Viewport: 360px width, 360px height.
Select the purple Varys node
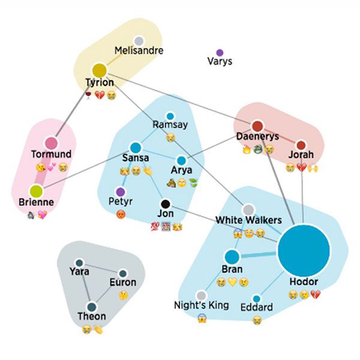pyautogui.click(x=220, y=53)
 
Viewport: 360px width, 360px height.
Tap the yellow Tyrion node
pyautogui.click(x=99, y=70)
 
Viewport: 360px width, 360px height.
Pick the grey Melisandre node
pyautogui.click(x=139, y=41)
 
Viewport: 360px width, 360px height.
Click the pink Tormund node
pyautogui.click(x=51, y=143)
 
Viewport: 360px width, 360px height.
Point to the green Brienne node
pyautogui.click(x=36, y=191)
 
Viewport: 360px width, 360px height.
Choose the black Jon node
pyautogui.click(x=166, y=203)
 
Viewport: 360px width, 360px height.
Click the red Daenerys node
pyautogui.click(x=257, y=126)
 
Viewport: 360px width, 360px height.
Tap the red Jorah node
pyautogui.click(x=301, y=144)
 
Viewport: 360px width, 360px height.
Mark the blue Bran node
pyautogui.click(x=232, y=257)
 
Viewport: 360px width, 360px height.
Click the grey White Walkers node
pyautogui.click(x=248, y=209)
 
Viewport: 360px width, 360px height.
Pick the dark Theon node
pyautogui.click(x=92, y=307)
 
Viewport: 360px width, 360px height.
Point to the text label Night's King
pyautogui.click(x=201, y=305)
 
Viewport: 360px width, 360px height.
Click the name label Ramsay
pyautogui.click(x=170, y=125)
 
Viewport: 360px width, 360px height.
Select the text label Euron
pyautogui.click(x=122, y=282)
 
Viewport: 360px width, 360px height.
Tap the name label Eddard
pyautogui.click(x=256, y=308)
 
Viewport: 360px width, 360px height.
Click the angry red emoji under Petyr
pyautogui.click(x=121, y=214)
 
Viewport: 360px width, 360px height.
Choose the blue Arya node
pyautogui.click(x=181, y=161)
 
